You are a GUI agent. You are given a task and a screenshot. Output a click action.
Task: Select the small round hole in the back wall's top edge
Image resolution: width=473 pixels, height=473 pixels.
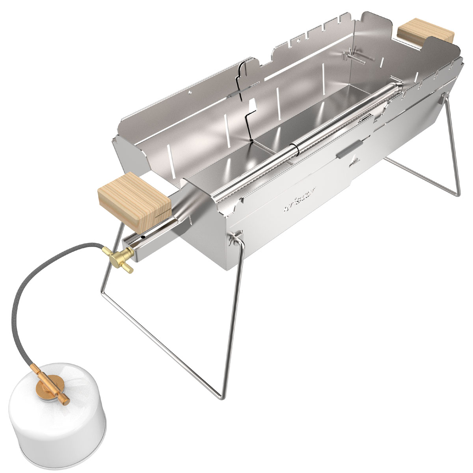190,93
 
